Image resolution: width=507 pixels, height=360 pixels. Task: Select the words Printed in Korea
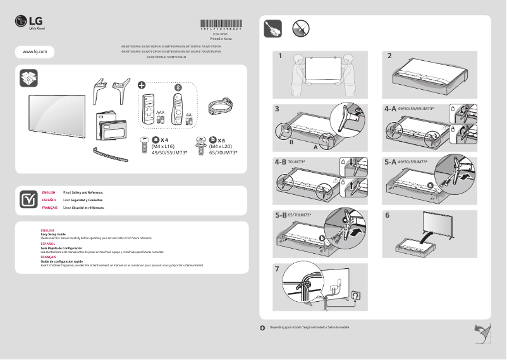[220, 39]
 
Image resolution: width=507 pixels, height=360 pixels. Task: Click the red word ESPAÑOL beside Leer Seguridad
[49, 199]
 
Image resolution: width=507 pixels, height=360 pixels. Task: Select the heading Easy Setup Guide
[53, 234]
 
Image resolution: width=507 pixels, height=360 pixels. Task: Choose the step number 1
[279, 56]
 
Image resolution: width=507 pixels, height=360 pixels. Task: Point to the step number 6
[388, 215]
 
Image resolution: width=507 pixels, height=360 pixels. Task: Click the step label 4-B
[281, 162]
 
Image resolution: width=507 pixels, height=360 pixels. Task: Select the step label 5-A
[390, 162]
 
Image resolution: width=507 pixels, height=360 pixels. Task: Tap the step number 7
[278, 268]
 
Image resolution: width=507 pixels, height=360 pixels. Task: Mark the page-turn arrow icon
[482, 332]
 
